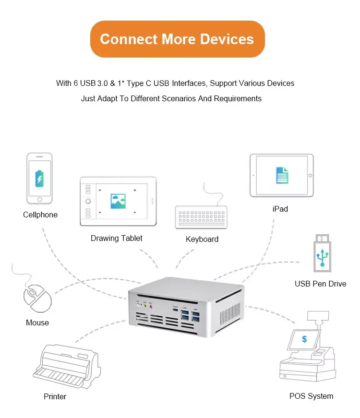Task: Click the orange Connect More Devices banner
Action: pyautogui.click(x=177, y=39)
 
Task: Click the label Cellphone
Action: pyautogui.click(x=40, y=215)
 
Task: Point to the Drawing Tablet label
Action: pyautogui.click(x=117, y=238)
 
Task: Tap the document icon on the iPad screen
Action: pyautogui.click(x=282, y=175)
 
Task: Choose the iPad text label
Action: pyautogui.click(x=280, y=209)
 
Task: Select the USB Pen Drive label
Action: pyautogui.click(x=320, y=284)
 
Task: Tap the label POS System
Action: pyautogui.click(x=311, y=396)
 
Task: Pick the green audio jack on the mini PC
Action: pyautogui.click(x=144, y=306)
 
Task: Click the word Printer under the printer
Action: pyautogui.click(x=55, y=396)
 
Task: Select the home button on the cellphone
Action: pyautogui.click(x=39, y=199)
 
